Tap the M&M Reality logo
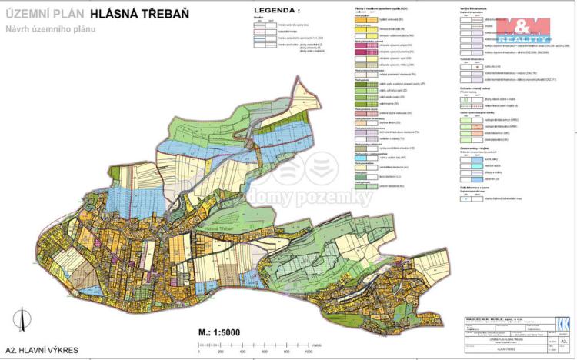pos(524,30)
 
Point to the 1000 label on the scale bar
pos(309,350)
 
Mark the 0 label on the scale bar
pos(198,350)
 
